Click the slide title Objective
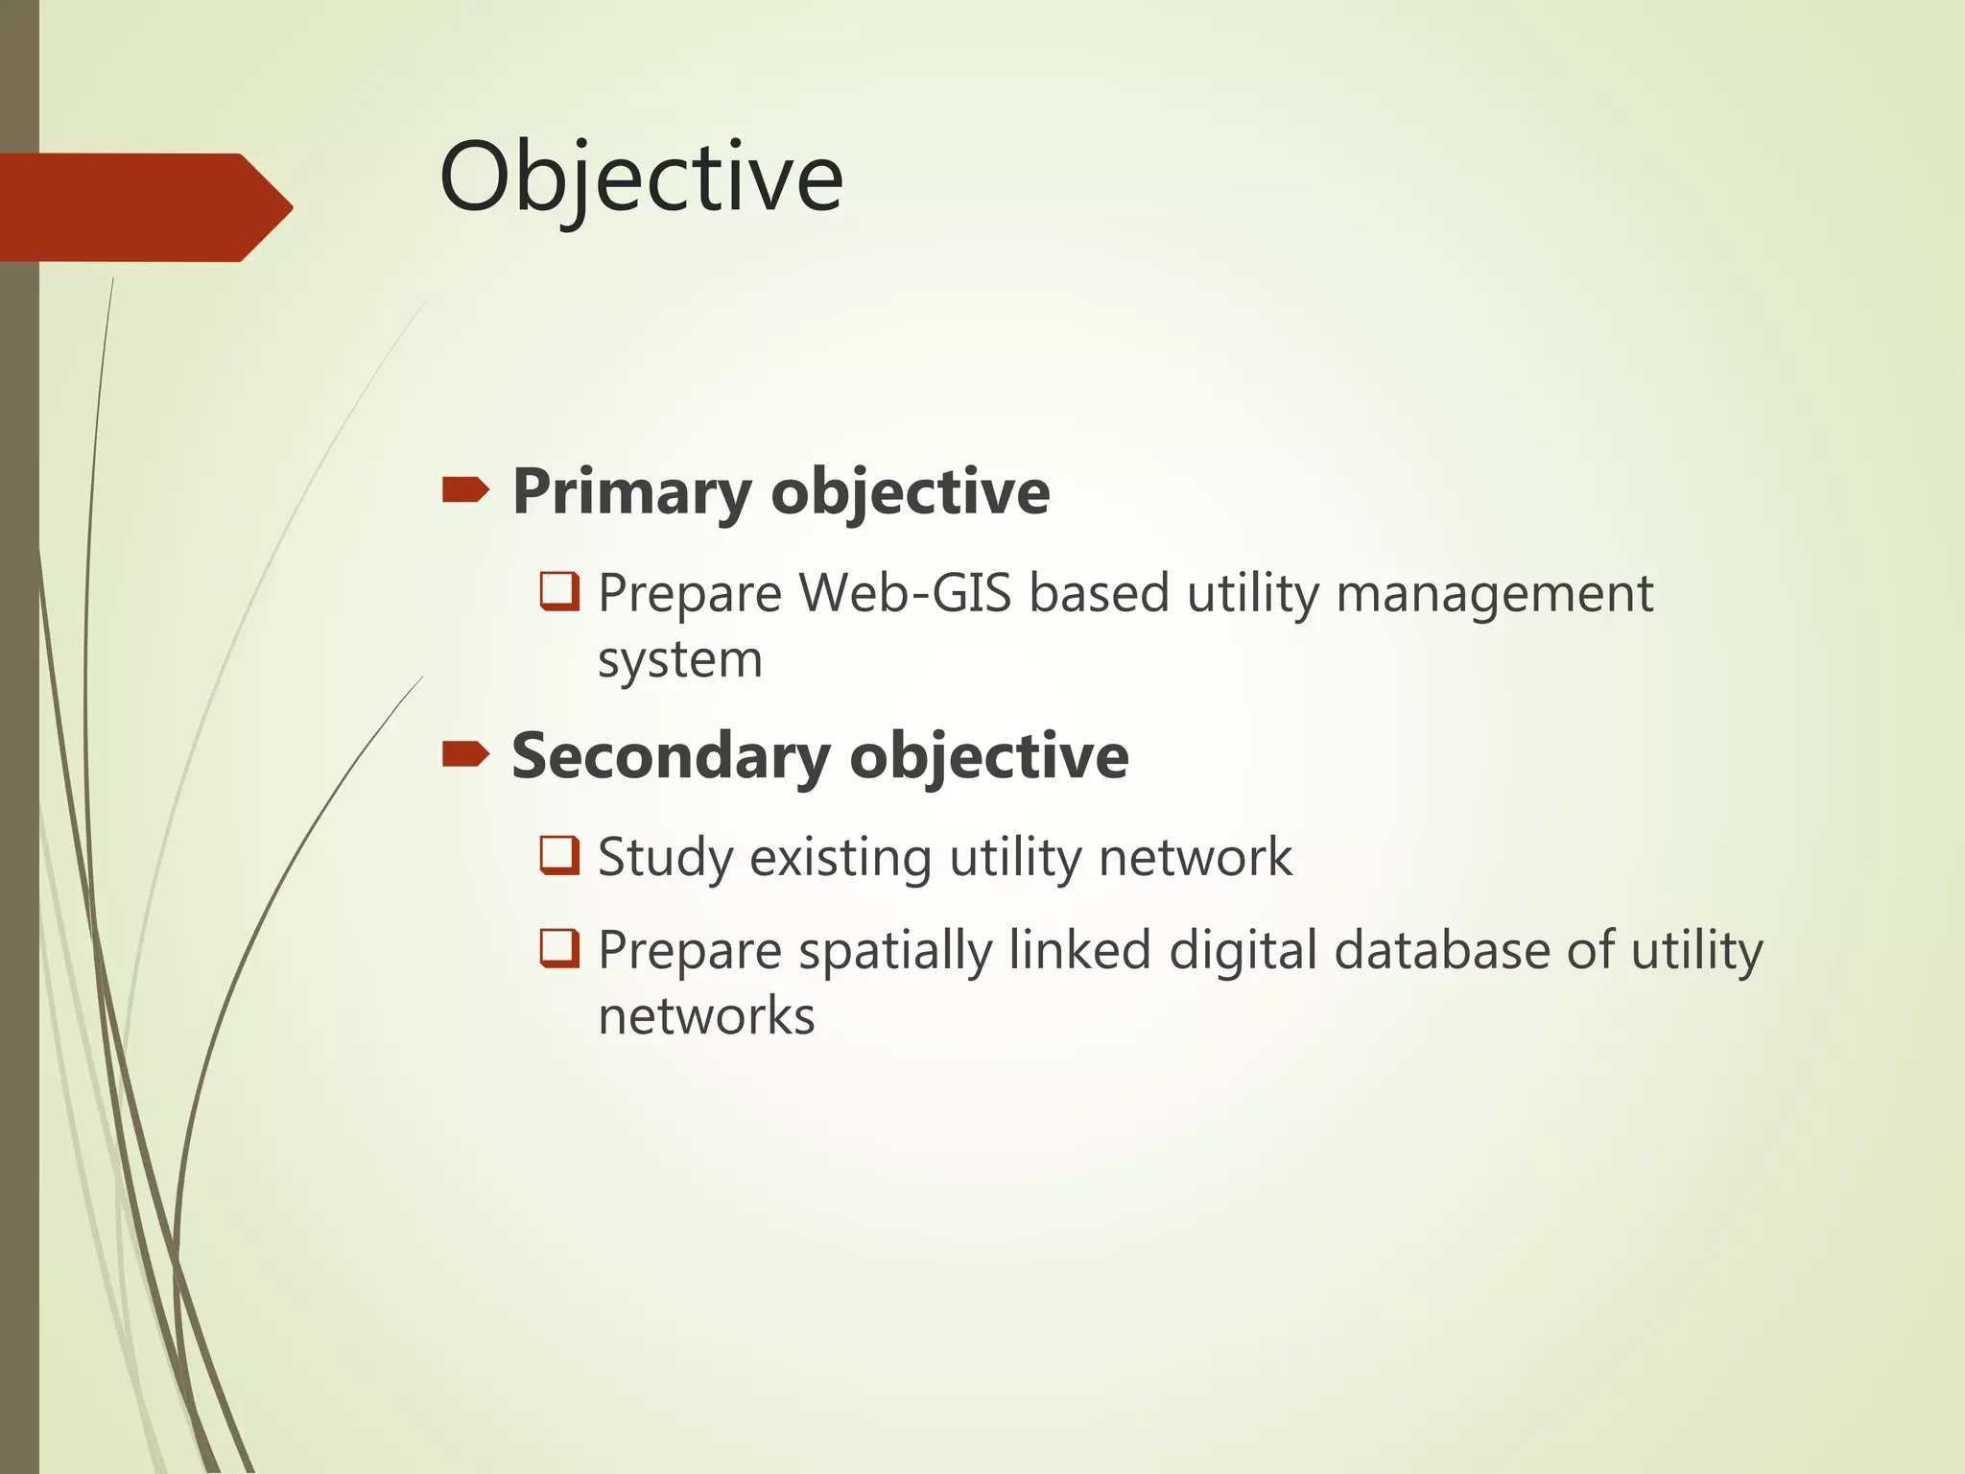pyautogui.click(x=641, y=178)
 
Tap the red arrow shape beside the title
pyautogui.click(x=144, y=207)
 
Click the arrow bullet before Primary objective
pyautogui.click(x=465, y=491)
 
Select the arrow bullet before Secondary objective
pyautogui.click(x=465, y=755)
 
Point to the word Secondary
pyautogui.click(x=671, y=757)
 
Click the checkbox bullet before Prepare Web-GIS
pyautogui.click(x=559, y=591)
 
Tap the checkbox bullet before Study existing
pyautogui.click(x=559, y=855)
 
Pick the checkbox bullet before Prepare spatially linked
pyautogui.click(x=559, y=948)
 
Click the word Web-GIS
pyautogui.click(x=906, y=593)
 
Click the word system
pyautogui.click(x=679, y=660)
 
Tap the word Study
pyautogui.click(x=665, y=858)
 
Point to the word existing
pyautogui.click(x=840, y=857)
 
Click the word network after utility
pyautogui.click(x=1195, y=857)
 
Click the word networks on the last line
pyautogui.click(x=706, y=1016)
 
